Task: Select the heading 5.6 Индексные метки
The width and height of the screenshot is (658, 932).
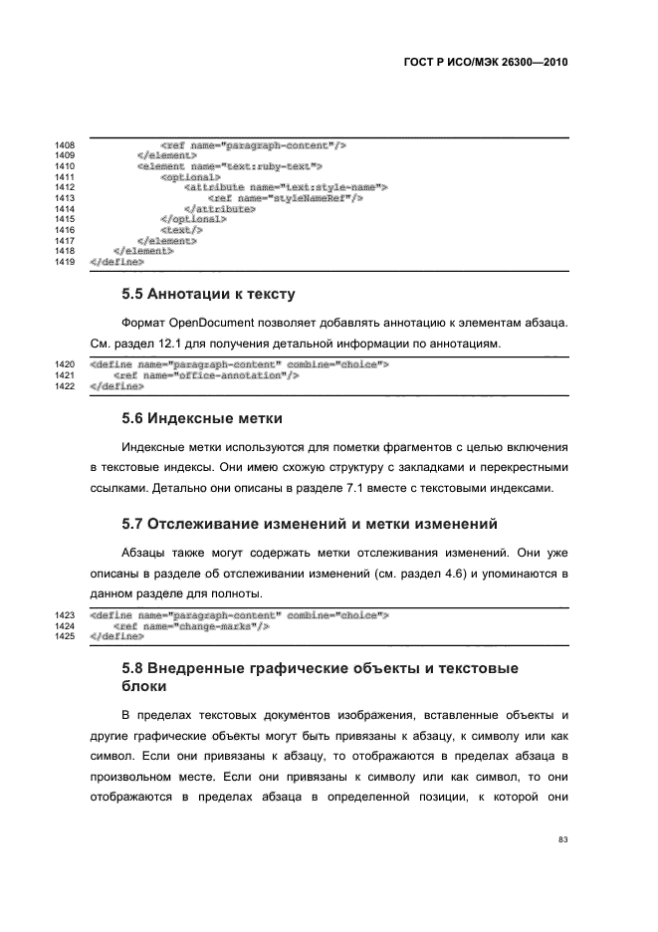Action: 202,417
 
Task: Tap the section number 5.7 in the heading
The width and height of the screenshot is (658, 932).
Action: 133,524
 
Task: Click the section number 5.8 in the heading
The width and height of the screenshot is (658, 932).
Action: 133,667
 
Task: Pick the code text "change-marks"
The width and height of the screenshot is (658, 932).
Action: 214,626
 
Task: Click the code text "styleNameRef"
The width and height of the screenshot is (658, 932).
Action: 303,198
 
